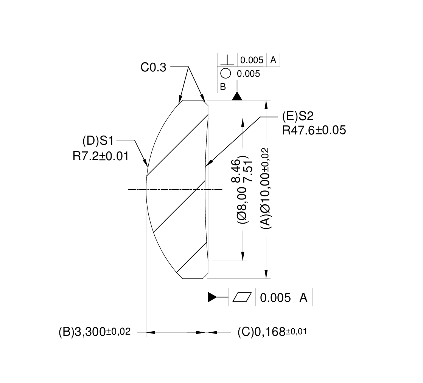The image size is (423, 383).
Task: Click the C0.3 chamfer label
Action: point(153,68)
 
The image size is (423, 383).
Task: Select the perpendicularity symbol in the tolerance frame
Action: point(227,60)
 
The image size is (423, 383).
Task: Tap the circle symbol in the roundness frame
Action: point(225,74)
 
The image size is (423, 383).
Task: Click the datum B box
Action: point(223,87)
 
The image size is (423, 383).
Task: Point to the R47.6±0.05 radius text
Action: point(314,130)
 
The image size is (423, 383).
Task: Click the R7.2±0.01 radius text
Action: point(101,156)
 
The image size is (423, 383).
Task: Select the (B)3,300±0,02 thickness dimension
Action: point(94,332)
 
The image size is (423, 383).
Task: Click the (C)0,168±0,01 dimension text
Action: point(272,332)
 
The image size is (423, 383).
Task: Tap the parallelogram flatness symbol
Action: point(242,298)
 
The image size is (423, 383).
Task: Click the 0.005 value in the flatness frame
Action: point(275,298)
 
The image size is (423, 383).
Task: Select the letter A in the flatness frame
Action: point(303,298)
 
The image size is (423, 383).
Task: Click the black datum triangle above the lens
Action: point(237,96)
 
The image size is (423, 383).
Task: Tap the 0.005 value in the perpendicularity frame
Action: point(252,60)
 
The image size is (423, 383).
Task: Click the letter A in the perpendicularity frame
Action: point(273,60)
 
